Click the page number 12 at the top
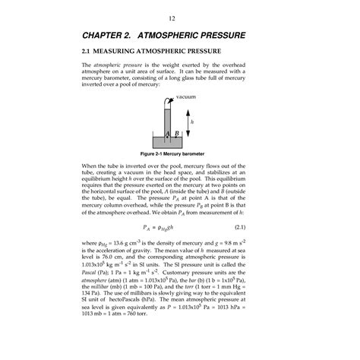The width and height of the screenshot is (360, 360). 180,17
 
